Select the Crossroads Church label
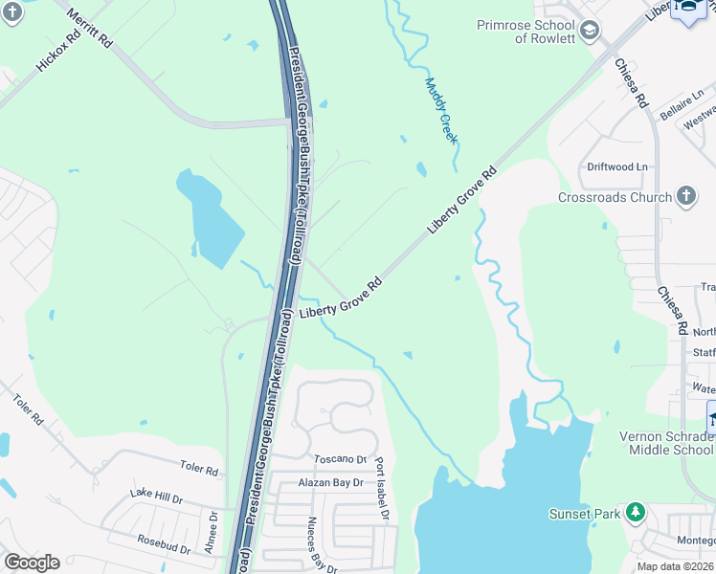[615, 198]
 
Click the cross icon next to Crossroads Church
[685, 197]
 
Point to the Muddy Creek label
[441, 111]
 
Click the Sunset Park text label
[585, 514]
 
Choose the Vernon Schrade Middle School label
[666, 443]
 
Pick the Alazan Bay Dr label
[330, 483]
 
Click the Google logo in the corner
[32, 563]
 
